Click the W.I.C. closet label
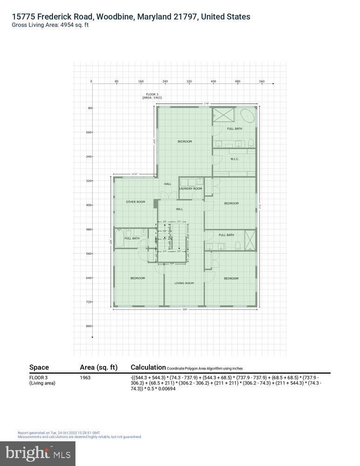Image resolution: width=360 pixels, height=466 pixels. [234, 159]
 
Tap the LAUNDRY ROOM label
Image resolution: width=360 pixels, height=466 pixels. [190, 189]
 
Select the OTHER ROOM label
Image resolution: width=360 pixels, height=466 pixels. [136, 202]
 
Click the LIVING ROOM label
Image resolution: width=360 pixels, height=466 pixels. [183, 283]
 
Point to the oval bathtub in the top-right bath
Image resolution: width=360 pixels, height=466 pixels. [247, 115]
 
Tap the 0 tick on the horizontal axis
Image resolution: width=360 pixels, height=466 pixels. [92, 82]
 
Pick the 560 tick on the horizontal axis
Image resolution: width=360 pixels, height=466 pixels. [262, 82]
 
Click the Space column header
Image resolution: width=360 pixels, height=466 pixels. [39, 367]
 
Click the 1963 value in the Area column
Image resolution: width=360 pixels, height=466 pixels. [85, 377]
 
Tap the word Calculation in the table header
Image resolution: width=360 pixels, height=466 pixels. [148, 367]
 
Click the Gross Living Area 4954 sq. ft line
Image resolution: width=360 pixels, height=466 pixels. [50, 25]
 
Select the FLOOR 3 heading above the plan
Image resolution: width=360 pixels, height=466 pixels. [152, 94]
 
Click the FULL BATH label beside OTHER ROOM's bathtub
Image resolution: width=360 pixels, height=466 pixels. [132, 239]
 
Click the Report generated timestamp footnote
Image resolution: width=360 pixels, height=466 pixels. [59, 433]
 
